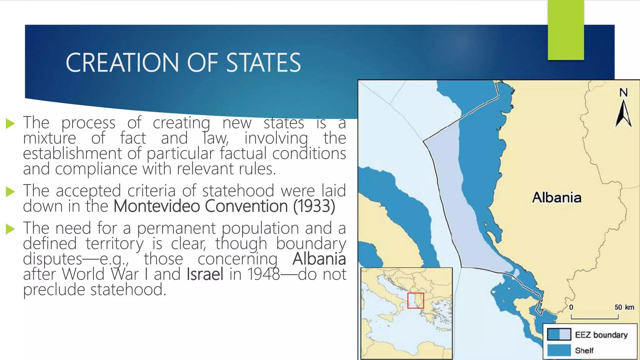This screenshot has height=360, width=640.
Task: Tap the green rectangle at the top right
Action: (x=566, y=30)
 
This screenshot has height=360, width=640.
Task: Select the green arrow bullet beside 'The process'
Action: (x=10, y=123)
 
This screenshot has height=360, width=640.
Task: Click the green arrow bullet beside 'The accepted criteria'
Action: (x=10, y=192)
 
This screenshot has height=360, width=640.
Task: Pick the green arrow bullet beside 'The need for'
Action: (x=10, y=229)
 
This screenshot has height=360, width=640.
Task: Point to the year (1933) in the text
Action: (x=314, y=206)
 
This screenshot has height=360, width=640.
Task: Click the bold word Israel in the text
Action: (x=205, y=274)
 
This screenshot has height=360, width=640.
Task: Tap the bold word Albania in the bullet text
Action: (x=319, y=259)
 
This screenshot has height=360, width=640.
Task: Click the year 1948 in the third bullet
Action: (x=263, y=274)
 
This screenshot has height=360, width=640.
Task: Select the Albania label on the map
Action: (x=557, y=197)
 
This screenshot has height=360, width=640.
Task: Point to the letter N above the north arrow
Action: (x=623, y=92)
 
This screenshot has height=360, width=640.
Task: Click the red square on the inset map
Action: (x=416, y=301)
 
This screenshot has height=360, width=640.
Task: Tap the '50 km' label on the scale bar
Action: (x=624, y=307)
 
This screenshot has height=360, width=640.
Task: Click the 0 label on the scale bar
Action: (x=571, y=307)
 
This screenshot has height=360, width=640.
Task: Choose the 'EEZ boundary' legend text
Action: (x=601, y=335)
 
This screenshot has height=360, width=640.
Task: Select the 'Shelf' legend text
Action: (x=584, y=351)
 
